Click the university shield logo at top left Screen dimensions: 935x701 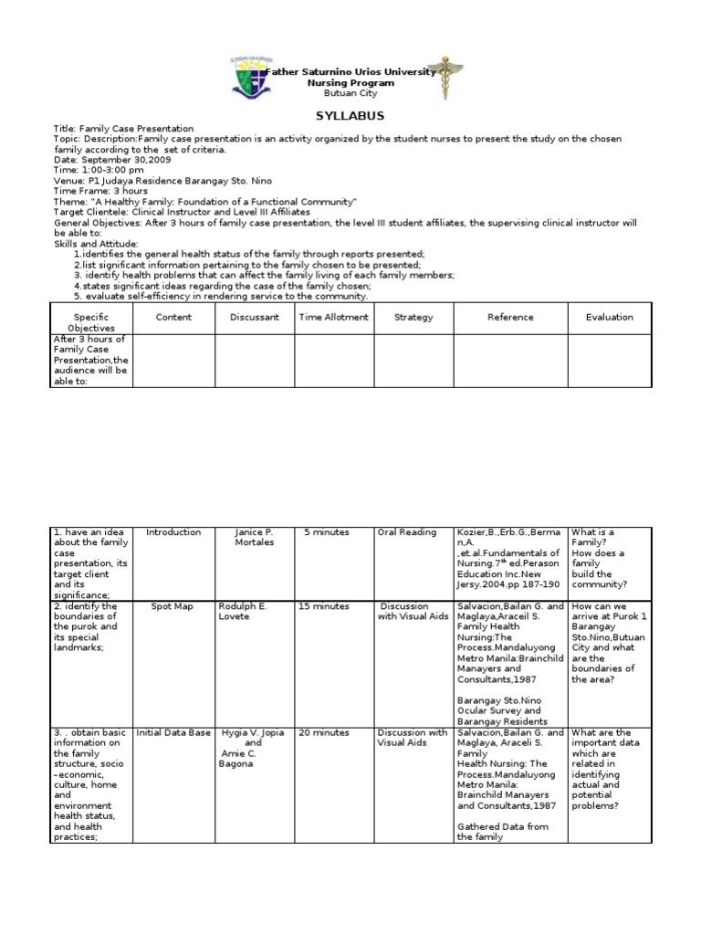(247, 79)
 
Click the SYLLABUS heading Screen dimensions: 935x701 (350, 116)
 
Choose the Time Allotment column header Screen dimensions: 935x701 (333, 318)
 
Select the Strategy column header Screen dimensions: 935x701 (413, 318)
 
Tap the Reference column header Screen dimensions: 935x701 (509, 318)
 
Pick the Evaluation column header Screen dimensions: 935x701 (609, 318)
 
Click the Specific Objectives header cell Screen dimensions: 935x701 (92, 322)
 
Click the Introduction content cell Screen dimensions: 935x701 (173, 532)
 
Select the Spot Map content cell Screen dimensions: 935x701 (173, 606)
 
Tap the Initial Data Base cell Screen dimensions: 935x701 (173, 732)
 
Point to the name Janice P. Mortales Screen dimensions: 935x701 (254, 537)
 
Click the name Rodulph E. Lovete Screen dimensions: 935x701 (245, 611)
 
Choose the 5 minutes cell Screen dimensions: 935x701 (326, 532)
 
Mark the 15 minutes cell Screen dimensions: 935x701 (324, 606)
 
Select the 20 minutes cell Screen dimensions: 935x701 (324, 732)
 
